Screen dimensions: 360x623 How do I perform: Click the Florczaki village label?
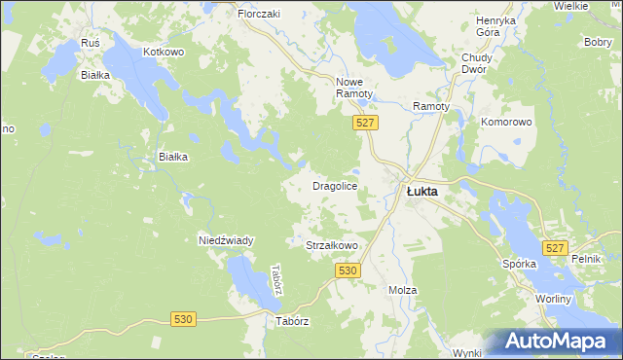[x=259, y=15]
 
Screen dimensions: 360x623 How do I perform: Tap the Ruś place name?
[x=92, y=44]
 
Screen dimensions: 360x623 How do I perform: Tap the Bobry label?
[x=597, y=43]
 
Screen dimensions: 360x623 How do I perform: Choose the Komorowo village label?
[x=506, y=123]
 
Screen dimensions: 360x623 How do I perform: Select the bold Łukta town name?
[x=421, y=192]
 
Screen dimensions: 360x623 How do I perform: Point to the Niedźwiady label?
[x=226, y=239]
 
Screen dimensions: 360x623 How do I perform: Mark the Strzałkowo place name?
[x=333, y=246]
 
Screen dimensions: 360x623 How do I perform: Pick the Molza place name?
[x=402, y=290]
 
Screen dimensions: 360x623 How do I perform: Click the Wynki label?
[x=467, y=352]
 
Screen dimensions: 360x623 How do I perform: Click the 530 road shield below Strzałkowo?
[x=350, y=270]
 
